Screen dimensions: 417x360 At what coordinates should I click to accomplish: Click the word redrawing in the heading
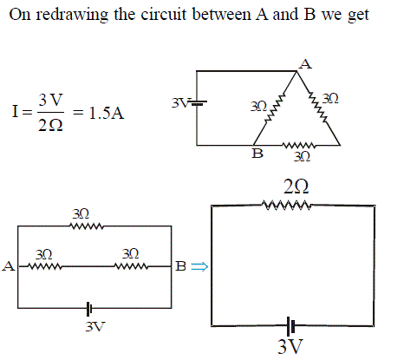pyautogui.click(x=72, y=15)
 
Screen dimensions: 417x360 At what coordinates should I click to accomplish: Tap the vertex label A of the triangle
pyautogui.click(x=305, y=64)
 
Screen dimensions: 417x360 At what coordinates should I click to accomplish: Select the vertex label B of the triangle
pyautogui.click(x=257, y=154)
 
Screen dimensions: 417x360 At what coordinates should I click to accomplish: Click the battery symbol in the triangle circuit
pyautogui.click(x=198, y=102)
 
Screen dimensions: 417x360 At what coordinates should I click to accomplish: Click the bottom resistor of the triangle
pyautogui.click(x=299, y=145)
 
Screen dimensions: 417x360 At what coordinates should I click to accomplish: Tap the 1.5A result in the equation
pyautogui.click(x=107, y=113)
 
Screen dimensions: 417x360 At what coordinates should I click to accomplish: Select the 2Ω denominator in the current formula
pyautogui.click(x=50, y=126)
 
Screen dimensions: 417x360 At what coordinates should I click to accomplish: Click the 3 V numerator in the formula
pyautogui.click(x=50, y=100)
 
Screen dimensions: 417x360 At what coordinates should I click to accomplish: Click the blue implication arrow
pyautogui.click(x=199, y=266)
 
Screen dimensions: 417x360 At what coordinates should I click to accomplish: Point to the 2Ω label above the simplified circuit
pyautogui.click(x=296, y=187)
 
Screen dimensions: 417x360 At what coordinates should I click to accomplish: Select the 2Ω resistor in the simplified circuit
pyautogui.click(x=288, y=205)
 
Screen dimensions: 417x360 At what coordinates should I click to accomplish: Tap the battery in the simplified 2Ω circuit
pyautogui.click(x=290, y=326)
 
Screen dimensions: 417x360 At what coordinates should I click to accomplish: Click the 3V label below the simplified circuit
pyautogui.click(x=290, y=346)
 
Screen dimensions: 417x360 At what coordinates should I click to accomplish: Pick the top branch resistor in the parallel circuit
pyautogui.click(x=87, y=226)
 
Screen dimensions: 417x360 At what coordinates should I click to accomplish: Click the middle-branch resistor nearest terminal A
pyautogui.click(x=45, y=266)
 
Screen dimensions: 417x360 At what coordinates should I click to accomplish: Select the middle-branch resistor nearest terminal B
pyautogui.click(x=131, y=266)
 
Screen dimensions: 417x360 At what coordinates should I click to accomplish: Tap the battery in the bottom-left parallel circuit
pyautogui.click(x=89, y=309)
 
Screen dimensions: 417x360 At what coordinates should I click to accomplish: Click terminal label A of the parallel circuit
pyautogui.click(x=9, y=266)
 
